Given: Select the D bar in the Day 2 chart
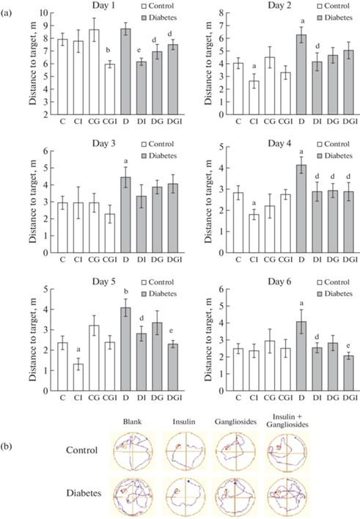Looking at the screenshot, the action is click(301, 75).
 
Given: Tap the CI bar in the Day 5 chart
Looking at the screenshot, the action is click(78, 378).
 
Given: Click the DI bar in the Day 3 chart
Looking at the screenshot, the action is click(142, 224).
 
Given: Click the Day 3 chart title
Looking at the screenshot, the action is click(103, 144).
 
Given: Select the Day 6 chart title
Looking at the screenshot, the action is click(279, 281).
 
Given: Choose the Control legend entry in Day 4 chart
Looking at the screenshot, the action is click(334, 144).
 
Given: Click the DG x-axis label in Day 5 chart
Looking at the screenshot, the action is click(158, 397).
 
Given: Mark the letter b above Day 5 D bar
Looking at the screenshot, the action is click(125, 292).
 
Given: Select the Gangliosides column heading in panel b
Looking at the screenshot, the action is click(235, 422).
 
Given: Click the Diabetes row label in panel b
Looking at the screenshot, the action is click(84, 493).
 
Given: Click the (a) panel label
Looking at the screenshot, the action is click(7, 13).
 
